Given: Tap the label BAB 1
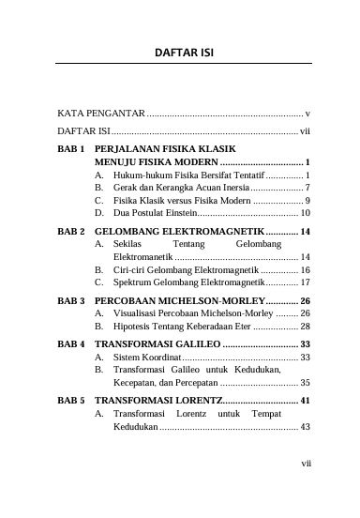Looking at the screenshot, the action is pos(71,148).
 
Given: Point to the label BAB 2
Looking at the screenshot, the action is pos(71,230).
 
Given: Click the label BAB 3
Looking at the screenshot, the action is pos(71,300).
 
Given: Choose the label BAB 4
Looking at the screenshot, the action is pos(71,344).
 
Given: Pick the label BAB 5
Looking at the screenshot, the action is pos(71,400).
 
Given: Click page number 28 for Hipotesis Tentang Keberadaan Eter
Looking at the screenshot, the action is pos(305,327).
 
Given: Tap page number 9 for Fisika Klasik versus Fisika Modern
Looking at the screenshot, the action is pos(307,201).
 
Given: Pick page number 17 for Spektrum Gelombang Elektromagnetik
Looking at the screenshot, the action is pos(305,282).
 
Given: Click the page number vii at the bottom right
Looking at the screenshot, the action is pos(305,488).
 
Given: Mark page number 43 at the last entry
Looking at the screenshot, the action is pos(305,428).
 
